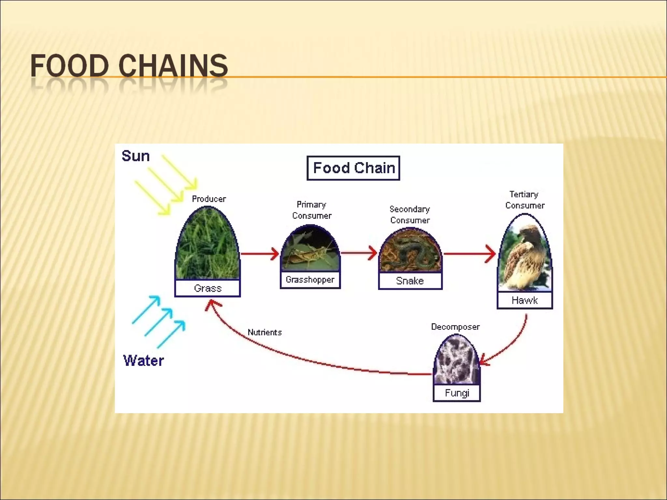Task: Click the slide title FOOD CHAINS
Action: click(129, 66)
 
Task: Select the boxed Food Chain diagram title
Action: click(353, 168)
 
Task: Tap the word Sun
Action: click(135, 156)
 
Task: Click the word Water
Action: click(143, 361)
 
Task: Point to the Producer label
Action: click(209, 199)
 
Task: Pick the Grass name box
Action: click(207, 288)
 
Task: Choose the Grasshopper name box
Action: click(310, 280)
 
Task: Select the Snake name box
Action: click(410, 281)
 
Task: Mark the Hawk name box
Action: click(525, 300)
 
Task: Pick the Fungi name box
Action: click(457, 393)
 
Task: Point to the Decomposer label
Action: click(455, 327)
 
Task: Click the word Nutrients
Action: click(264, 332)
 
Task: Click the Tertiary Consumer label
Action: click(524, 200)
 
